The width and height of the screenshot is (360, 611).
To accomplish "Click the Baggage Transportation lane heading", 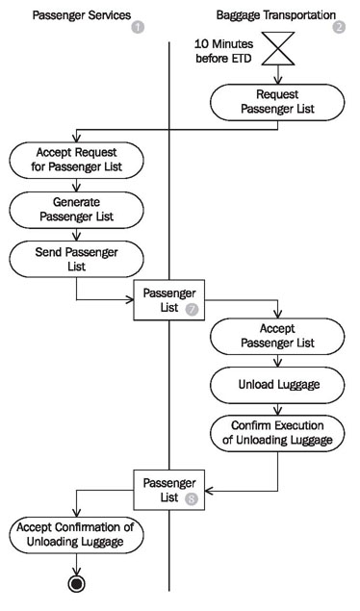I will (x=272, y=16).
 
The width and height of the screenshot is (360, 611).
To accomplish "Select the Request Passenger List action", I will (x=277, y=102).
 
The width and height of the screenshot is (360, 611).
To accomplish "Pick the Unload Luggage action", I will (x=277, y=385).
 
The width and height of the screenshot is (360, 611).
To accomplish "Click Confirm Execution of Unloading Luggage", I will (x=277, y=433).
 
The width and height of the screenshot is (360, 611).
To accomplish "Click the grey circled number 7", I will (x=191, y=310).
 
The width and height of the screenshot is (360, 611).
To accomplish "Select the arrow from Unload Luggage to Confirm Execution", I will (x=277, y=408).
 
